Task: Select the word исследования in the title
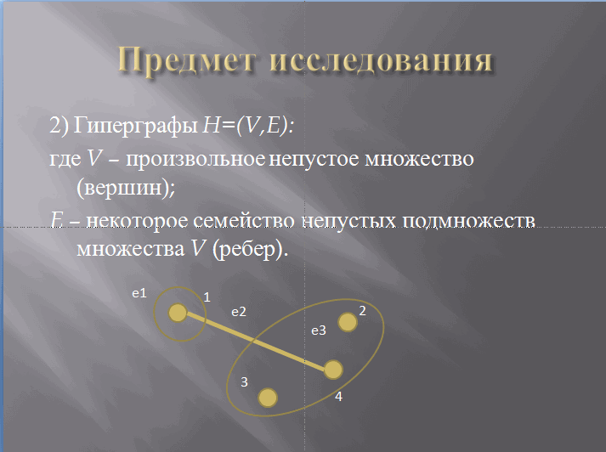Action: point(381,60)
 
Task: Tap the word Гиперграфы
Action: point(135,126)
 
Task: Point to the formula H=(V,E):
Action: point(248,125)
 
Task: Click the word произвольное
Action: point(195,159)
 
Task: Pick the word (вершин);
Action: point(126,188)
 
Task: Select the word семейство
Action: point(244,220)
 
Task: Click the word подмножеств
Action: point(468,221)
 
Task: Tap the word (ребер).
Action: point(251,249)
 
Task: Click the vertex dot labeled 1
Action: point(178,313)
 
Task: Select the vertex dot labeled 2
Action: point(348,322)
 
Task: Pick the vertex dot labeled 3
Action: point(268,398)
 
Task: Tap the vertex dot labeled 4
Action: point(333,370)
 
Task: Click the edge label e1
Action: point(139,294)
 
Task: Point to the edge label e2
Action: point(239,312)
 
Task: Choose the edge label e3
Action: point(319,331)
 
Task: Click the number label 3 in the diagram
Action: point(244,382)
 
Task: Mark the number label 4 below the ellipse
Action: point(338,397)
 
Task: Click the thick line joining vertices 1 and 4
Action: point(256,342)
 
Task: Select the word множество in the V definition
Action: point(419,159)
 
